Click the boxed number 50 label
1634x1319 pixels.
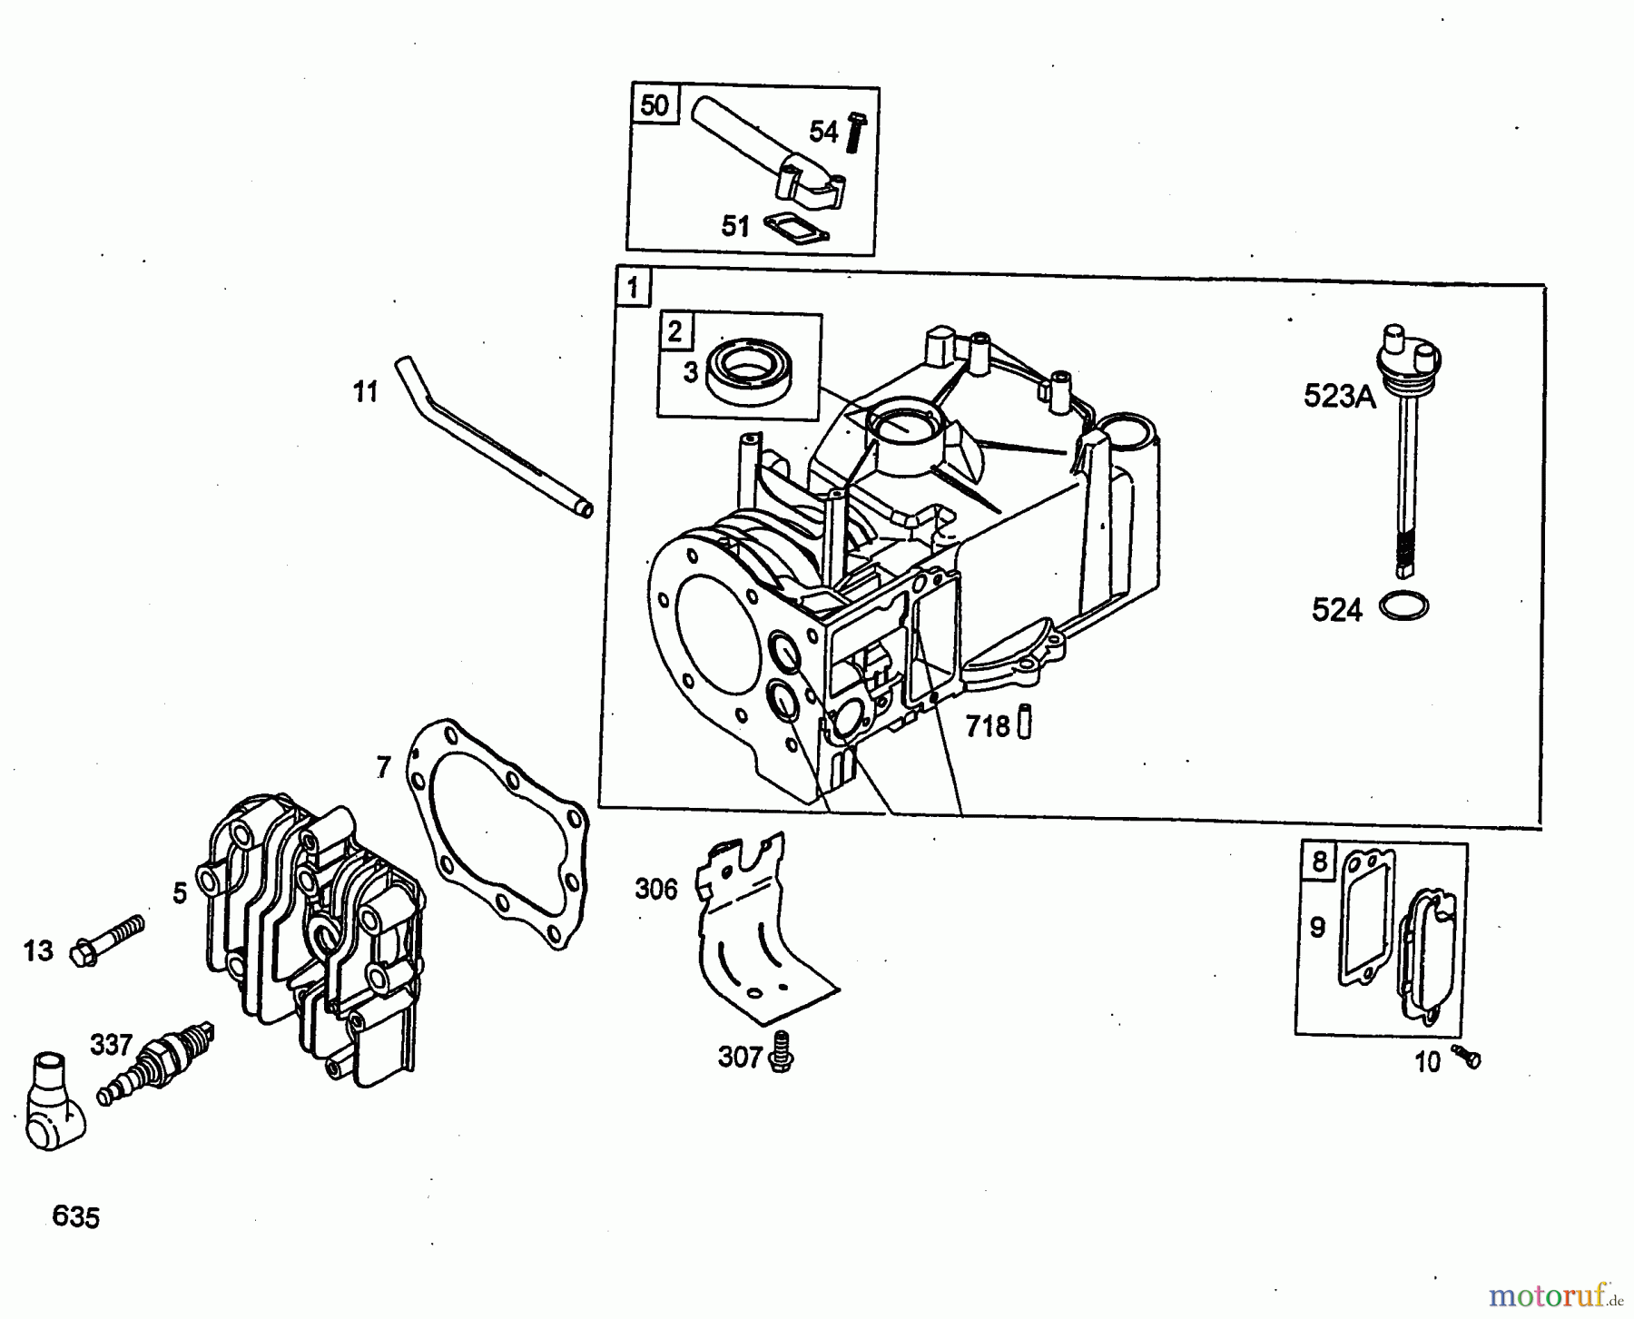[655, 105]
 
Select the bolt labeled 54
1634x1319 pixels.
[854, 133]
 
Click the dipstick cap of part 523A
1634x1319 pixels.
[1407, 349]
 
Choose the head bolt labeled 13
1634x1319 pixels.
[110, 940]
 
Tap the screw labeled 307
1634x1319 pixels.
[779, 1054]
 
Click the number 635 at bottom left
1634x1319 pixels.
[76, 1216]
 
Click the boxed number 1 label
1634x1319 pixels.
[632, 288]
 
